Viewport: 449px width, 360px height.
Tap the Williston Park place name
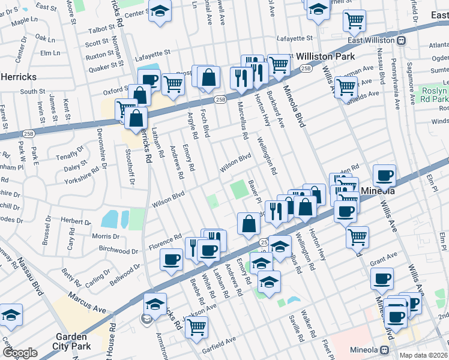[x=322, y=56]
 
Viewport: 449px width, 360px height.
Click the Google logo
[x=20, y=353]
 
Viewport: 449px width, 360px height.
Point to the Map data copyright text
[x=423, y=355]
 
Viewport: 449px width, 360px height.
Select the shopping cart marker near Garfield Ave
[x=196, y=328]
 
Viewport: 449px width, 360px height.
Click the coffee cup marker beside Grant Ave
[x=382, y=277]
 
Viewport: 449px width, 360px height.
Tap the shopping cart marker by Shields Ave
[x=346, y=86]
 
